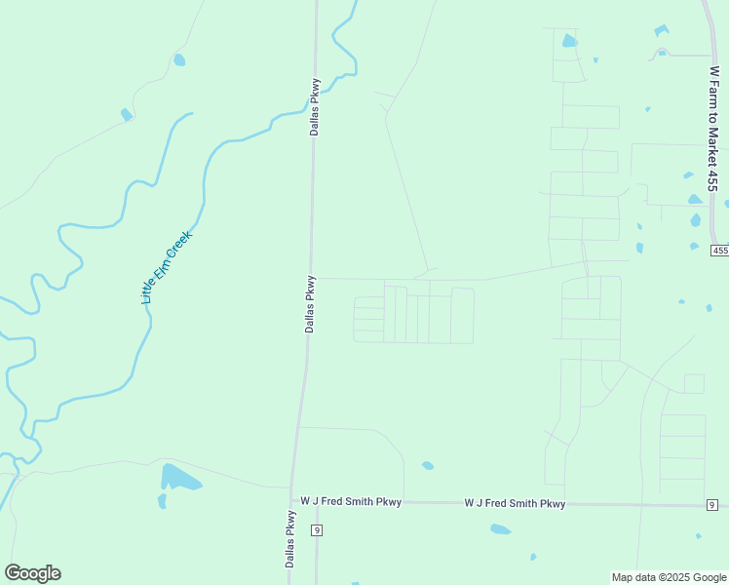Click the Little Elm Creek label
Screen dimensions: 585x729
coord(168,267)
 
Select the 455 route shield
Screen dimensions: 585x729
coord(719,251)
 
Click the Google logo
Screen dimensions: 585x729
coord(32,573)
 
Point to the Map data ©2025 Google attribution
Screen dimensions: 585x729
coord(668,576)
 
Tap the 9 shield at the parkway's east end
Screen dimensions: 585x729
coord(712,504)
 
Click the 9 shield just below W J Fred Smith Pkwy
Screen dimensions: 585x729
coord(317,529)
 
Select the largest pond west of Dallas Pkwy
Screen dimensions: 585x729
coord(179,478)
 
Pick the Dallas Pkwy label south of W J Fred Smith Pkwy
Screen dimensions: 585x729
coord(290,538)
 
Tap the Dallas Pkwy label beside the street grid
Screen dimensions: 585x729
coord(309,303)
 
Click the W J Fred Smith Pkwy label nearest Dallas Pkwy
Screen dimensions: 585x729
coord(351,502)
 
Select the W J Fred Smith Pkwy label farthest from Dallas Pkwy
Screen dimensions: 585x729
coord(515,504)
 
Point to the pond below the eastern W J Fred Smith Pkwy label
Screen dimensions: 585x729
coord(500,529)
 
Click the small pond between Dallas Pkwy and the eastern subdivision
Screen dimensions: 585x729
coord(427,465)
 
